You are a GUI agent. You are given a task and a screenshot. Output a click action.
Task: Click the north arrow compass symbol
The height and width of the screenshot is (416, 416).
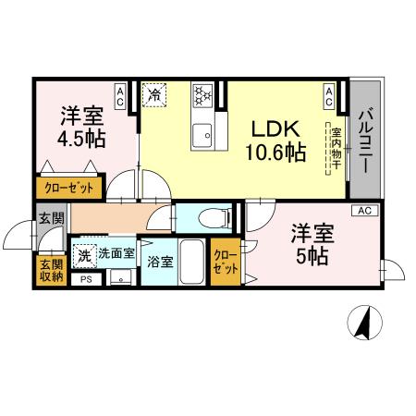click(362, 323)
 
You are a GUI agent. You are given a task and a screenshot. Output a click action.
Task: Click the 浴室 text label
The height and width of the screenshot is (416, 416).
click(159, 261)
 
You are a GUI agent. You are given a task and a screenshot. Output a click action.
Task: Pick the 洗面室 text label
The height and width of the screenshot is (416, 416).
click(117, 251)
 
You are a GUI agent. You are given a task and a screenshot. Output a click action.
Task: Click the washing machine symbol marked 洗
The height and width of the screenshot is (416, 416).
click(85, 252)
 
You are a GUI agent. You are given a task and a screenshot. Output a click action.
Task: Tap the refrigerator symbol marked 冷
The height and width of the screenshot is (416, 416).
click(154, 95)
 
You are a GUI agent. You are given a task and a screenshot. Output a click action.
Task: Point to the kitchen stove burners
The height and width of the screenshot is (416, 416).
click(202, 94)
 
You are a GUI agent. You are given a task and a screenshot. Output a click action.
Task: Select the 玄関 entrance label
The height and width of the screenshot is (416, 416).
click(51, 219)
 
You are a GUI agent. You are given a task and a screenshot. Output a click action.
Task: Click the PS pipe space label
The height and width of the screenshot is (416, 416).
click(86, 279)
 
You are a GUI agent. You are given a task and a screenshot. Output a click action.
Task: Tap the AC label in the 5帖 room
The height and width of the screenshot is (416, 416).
click(364, 212)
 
